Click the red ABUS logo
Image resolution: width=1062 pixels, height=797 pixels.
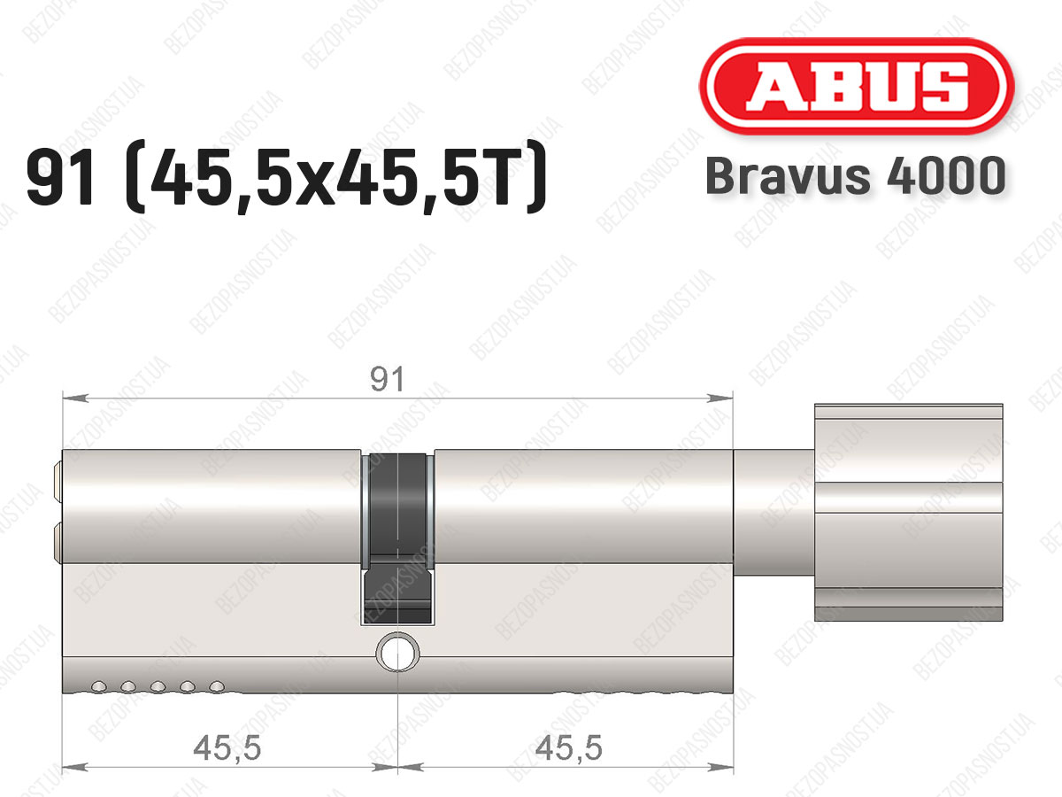coord(857,86)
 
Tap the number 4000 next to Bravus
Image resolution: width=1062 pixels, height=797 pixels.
coord(946,175)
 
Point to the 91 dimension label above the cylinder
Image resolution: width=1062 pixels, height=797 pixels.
coord(387,380)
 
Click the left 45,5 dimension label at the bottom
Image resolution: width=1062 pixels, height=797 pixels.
coord(227,748)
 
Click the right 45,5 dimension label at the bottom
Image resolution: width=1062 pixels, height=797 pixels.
coord(569,748)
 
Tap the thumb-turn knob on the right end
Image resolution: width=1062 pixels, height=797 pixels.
coord(908,513)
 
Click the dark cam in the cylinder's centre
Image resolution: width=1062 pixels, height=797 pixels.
coord(397,538)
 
